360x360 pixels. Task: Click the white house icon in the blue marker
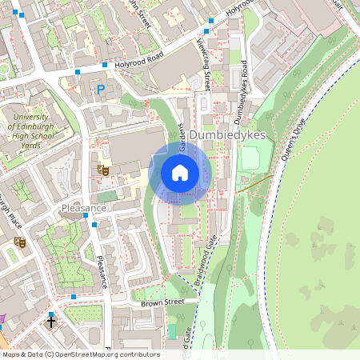coord(180,172)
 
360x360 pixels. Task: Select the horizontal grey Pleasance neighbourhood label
coord(84,208)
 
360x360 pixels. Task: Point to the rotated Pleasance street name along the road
coord(102,273)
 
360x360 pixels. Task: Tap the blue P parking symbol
coord(101,90)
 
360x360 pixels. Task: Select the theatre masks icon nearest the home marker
coord(102,169)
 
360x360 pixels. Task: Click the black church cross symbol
coord(52,323)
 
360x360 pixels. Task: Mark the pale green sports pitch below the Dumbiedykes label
coord(250,158)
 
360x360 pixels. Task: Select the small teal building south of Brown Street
coord(172,330)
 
